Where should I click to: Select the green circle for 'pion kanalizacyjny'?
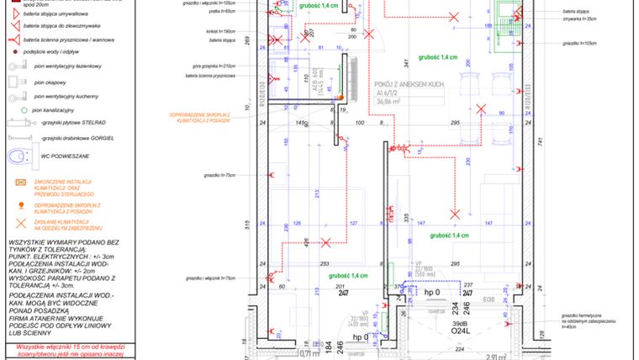[x=13, y=109]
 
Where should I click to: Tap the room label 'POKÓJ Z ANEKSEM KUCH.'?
[x=409, y=85]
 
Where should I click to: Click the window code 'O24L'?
[x=460, y=331]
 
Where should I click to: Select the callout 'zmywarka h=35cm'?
[x=579, y=19]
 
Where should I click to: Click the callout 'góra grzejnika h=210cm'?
[x=215, y=66]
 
